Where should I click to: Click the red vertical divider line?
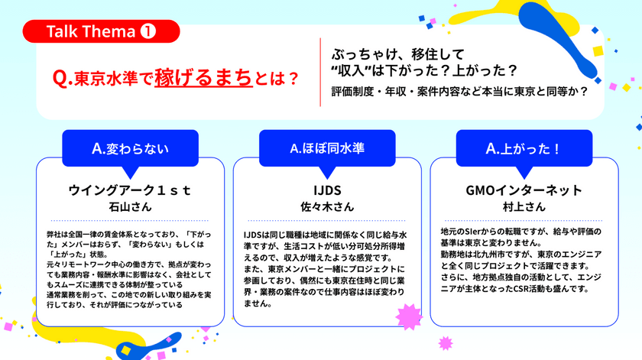(x=321, y=73)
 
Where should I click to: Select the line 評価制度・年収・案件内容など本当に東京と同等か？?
(x=459, y=92)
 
